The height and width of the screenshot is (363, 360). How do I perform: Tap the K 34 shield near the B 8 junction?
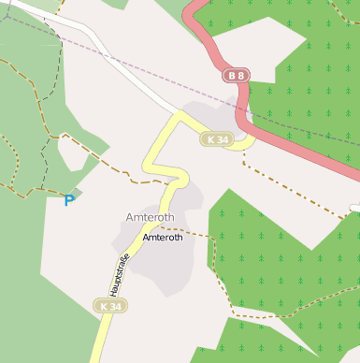point(217,139)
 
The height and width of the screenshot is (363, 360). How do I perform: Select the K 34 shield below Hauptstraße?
point(110,306)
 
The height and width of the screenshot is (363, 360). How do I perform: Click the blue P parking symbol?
point(68,199)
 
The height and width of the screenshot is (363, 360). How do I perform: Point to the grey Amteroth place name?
point(150,217)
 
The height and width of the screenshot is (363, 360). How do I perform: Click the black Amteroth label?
point(163,238)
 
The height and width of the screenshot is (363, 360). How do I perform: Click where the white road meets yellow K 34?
point(178,114)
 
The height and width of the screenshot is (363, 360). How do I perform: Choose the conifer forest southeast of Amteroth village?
point(281,262)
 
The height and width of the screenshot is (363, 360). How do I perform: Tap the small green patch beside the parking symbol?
point(77,193)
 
